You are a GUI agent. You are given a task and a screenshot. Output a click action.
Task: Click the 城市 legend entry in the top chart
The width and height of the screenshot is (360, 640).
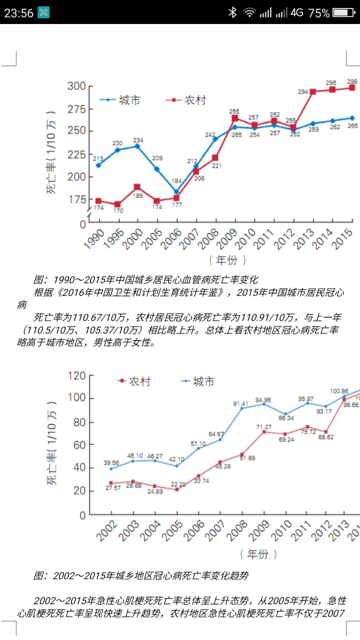(x=120, y=100)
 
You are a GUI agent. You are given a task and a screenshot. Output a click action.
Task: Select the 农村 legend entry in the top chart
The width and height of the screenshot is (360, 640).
(x=186, y=100)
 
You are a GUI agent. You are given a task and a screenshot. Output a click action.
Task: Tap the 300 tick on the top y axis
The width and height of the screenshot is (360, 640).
(x=76, y=86)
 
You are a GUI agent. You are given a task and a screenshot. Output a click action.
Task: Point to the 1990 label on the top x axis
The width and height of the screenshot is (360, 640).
(x=94, y=239)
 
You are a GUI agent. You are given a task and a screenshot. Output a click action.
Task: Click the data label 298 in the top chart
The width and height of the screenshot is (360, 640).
(x=352, y=81)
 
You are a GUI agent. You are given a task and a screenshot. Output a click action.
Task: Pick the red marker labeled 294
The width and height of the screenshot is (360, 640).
(x=313, y=92)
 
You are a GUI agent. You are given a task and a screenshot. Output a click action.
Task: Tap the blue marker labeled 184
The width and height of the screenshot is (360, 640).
(x=176, y=192)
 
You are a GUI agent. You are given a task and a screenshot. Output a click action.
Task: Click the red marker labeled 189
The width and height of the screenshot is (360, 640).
(x=137, y=187)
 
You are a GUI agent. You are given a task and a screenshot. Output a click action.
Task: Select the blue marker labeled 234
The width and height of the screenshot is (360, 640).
(x=137, y=146)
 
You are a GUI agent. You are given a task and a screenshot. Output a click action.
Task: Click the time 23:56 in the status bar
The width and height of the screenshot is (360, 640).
(x=19, y=13)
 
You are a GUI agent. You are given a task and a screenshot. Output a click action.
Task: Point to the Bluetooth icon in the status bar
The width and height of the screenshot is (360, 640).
(x=232, y=13)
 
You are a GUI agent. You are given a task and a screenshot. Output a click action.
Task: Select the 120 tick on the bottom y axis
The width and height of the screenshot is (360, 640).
(x=77, y=376)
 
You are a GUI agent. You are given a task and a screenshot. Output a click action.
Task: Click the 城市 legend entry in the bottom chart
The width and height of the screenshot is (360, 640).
(x=198, y=381)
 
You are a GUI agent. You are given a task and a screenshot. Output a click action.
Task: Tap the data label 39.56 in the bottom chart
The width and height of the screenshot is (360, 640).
(x=111, y=463)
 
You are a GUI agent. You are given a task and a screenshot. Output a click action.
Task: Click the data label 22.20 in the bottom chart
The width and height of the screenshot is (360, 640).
(x=178, y=484)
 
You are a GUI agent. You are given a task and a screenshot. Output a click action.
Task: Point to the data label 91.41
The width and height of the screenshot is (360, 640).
(x=240, y=404)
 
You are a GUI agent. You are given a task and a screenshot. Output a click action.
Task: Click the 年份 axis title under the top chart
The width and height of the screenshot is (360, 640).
(x=227, y=260)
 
